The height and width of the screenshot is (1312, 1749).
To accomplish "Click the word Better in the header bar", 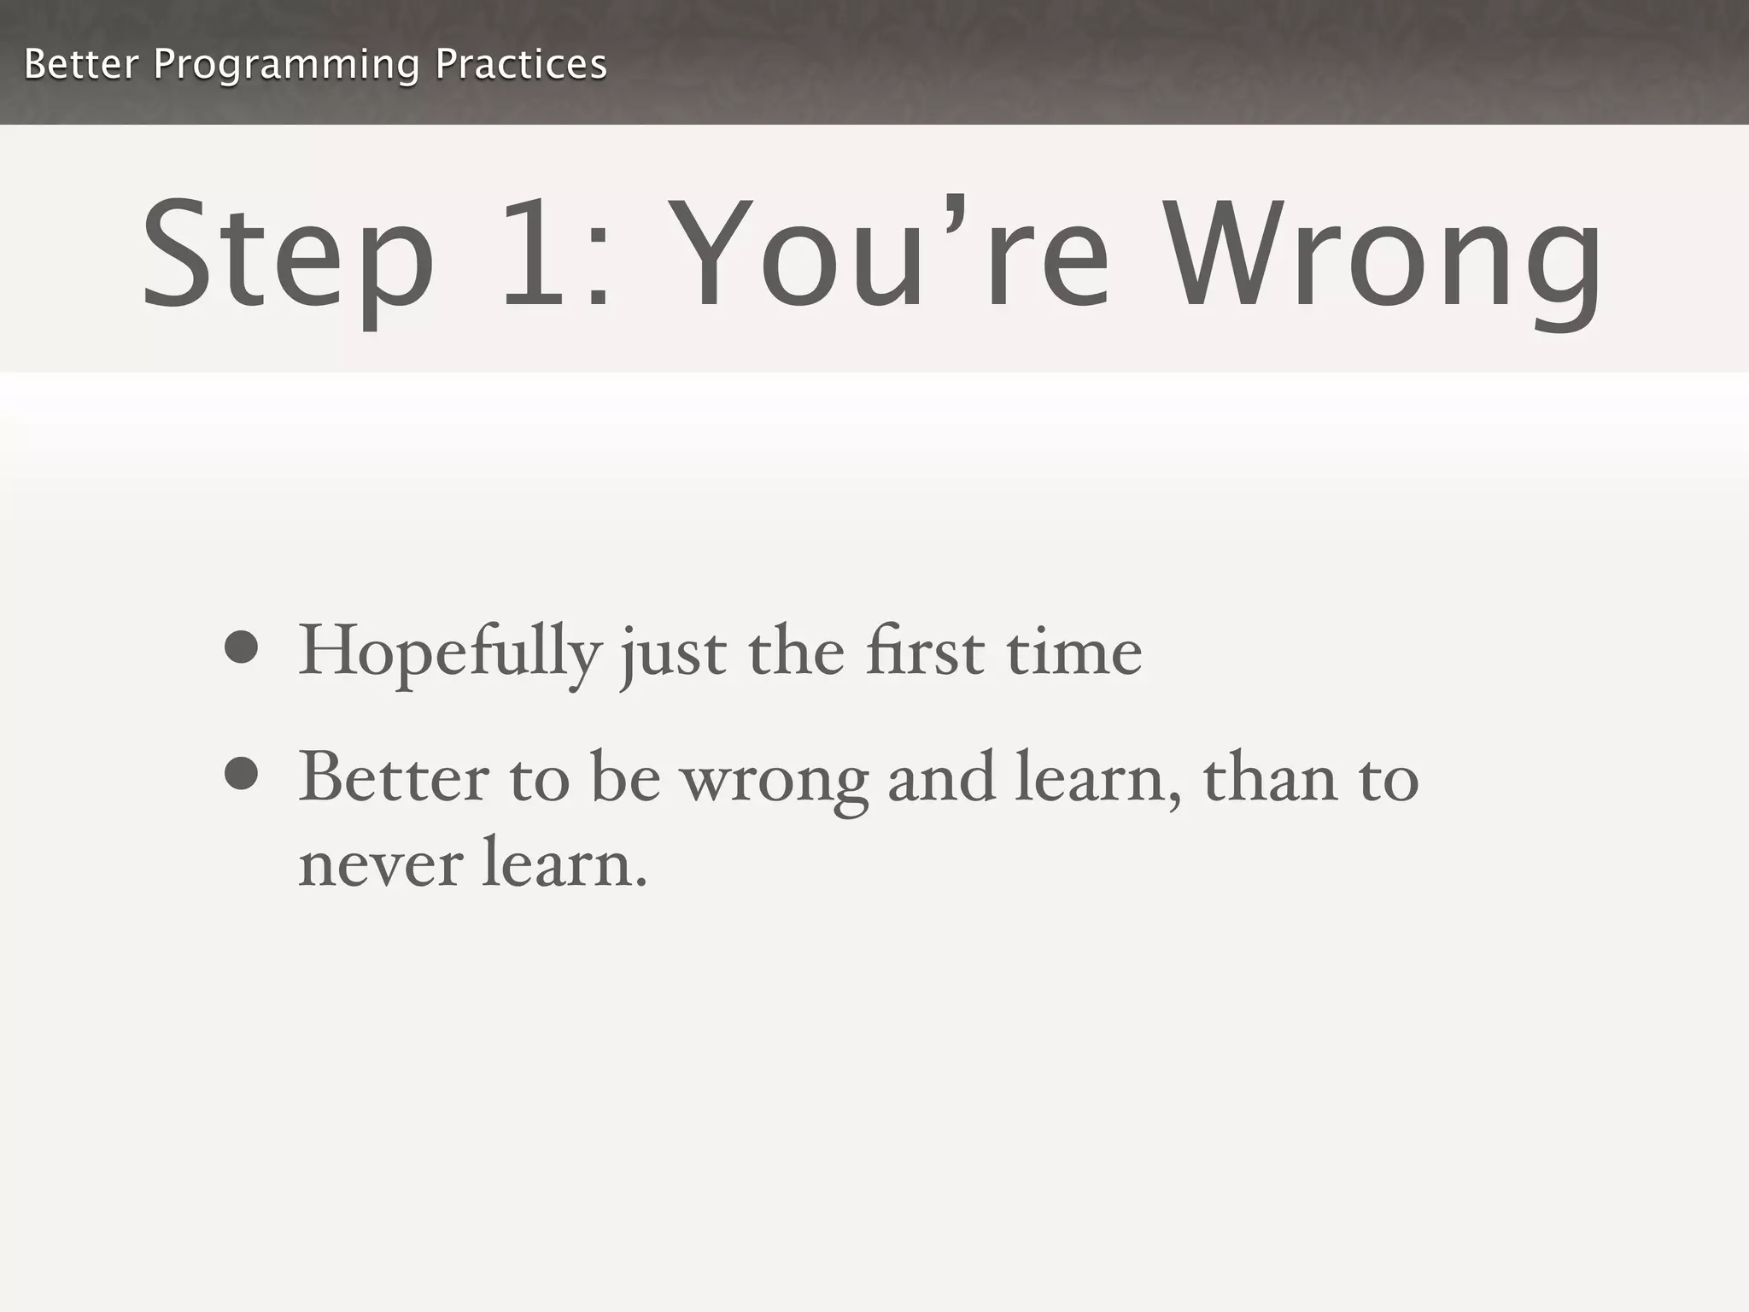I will pos(81,64).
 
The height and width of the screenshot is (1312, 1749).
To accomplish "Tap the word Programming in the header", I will pos(286,66).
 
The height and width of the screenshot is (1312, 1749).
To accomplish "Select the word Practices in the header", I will pos(520,64).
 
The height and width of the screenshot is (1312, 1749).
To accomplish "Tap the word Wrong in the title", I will pos(1383,256).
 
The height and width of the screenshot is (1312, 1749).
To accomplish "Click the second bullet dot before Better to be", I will pos(242,774).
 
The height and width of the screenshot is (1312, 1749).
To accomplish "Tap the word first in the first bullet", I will pos(924,652).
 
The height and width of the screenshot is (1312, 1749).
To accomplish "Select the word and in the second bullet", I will pos(941,777).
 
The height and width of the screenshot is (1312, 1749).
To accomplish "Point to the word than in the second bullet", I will pos(1270,777).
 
